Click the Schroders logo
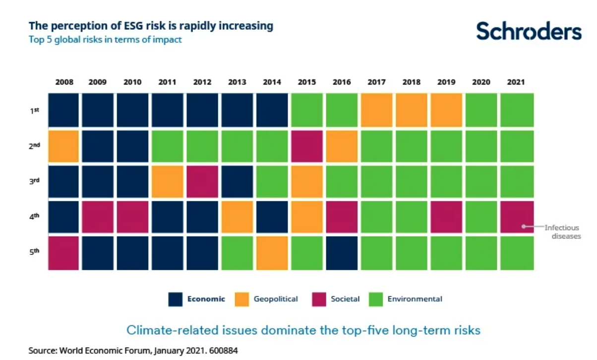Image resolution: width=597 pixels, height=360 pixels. click(529, 31)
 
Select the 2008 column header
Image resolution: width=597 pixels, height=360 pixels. click(64, 82)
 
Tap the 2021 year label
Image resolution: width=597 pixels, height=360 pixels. click(516, 82)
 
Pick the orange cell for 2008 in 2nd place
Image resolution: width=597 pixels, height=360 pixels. click(63, 146)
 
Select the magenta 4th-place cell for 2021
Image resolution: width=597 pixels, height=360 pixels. click(517, 216)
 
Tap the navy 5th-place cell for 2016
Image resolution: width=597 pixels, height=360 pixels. click(342, 253)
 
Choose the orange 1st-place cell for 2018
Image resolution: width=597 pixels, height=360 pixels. click(412, 110)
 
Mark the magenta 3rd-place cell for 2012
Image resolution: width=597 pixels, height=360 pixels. click(203, 181)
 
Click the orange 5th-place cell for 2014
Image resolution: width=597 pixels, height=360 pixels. click(272, 253)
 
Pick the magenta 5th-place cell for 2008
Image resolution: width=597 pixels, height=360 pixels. click(63, 253)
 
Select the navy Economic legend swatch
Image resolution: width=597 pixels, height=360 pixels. click(176, 299)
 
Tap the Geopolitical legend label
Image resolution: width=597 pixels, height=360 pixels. click(276, 299)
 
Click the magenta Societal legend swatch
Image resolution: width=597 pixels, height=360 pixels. click(319, 299)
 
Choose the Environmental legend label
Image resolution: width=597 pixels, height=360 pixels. click(415, 299)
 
